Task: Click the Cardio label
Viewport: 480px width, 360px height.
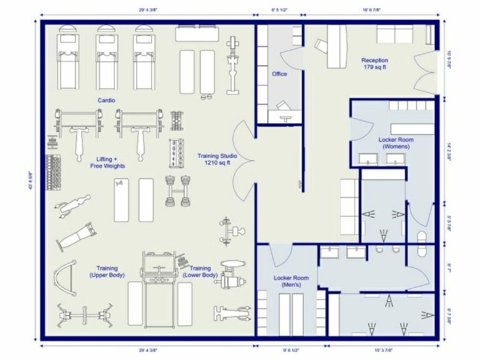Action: (x=106, y=100)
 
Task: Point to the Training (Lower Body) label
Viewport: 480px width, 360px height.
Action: (x=199, y=272)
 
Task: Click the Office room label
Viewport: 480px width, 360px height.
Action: (x=279, y=74)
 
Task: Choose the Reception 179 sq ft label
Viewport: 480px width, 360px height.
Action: (x=375, y=64)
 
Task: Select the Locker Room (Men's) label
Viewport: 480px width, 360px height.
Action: (x=291, y=281)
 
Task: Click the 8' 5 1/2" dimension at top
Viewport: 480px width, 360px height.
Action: (x=279, y=10)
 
